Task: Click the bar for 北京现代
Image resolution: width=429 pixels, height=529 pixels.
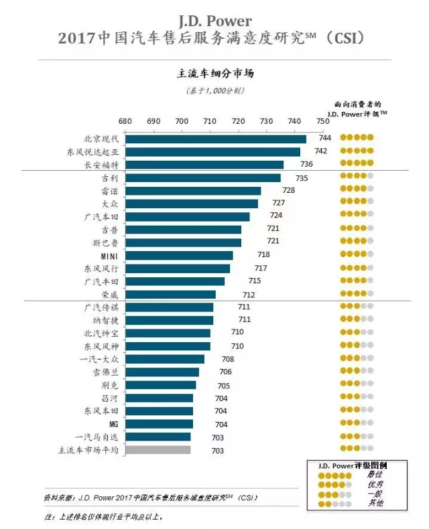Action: pyautogui.click(x=215, y=139)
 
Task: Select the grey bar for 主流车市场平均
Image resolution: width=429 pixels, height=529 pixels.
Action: pyautogui.click(x=158, y=450)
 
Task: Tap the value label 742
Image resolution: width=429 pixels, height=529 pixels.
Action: pyautogui.click(x=320, y=151)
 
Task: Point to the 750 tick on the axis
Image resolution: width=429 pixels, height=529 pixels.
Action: pyautogui.click(x=323, y=121)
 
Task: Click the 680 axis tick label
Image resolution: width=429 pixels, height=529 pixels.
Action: pyautogui.click(x=125, y=121)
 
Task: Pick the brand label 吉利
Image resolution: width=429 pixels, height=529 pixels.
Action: pyautogui.click(x=109, y=178)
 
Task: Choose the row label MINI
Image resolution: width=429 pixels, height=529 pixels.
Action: pyautogui.click(x=109, y=256)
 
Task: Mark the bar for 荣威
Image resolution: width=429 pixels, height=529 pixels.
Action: pyautogui.click(x=170, y=295)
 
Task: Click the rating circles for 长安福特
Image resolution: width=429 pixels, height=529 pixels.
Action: pyautogui.click(x=356, y=164)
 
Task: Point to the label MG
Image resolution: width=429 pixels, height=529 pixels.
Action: pyautogui.click(x=113, y=425)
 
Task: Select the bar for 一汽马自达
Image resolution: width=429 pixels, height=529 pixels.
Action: pyautogui.click(x=158, y=437)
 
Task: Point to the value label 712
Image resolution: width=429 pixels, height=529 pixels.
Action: pyautogui.click(x=249, y=295)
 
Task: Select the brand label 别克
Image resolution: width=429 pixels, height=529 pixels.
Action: pyautogui.click(x=109, y=386)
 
